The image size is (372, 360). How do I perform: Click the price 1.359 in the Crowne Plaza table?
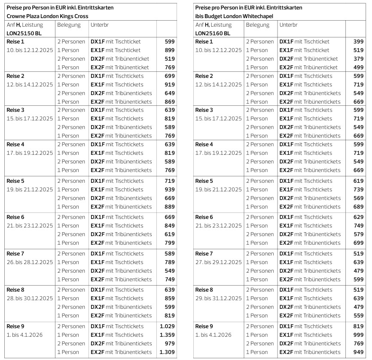[x=167, y=335]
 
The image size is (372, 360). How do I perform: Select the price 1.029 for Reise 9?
[x=167, y=326]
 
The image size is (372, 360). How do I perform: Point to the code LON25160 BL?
[x=213, y=33]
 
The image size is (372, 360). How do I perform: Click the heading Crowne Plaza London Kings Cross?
[x=47, y=16]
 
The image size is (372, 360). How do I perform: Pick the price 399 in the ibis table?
[x=358, y=42]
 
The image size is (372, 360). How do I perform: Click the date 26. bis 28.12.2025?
[x=30, y=262]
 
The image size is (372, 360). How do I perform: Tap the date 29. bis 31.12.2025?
[x=218, y=298]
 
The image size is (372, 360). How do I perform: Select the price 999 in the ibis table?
[x=358, y=335]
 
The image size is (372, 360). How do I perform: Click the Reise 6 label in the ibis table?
[x=204, y=217]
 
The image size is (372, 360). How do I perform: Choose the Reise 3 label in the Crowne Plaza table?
[x=15, y=110]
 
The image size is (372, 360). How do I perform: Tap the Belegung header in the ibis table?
[x=257, y=25]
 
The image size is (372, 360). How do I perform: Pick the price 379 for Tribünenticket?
[x=358, y=59]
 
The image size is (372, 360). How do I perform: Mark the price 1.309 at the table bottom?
[x=167, y=352]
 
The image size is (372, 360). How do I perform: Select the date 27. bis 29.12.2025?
[x=218, y=262]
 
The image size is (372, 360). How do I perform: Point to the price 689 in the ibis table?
[x=358, y=206]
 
